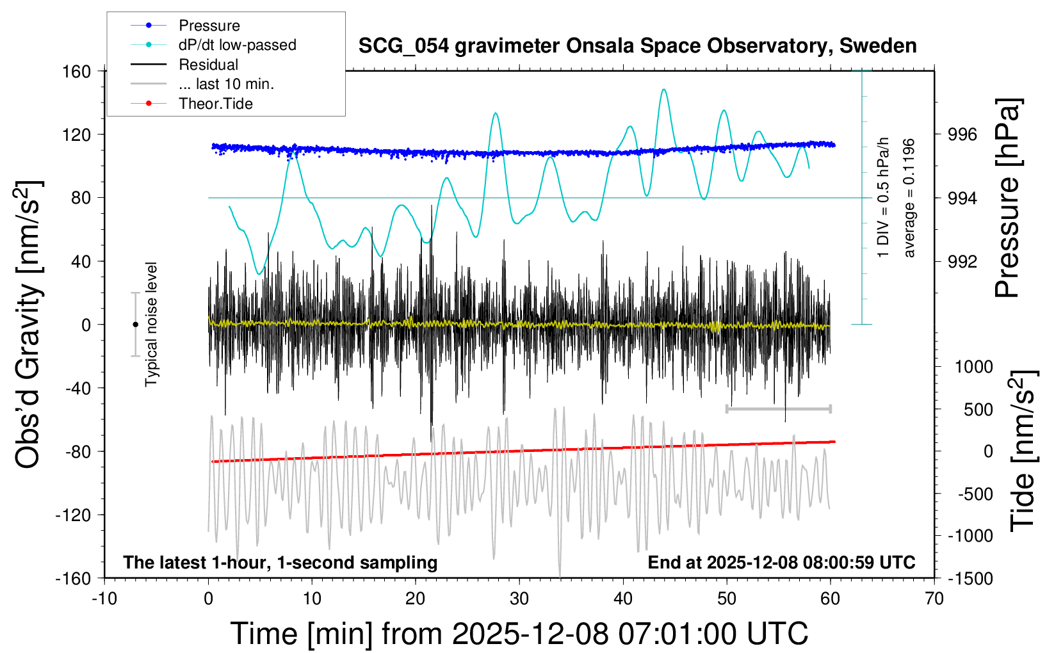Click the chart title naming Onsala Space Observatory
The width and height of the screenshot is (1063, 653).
click(x=637, y=46)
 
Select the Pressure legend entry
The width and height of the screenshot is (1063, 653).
click(x=209, y=26)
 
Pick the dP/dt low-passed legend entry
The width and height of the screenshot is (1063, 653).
click(x=237, y=45)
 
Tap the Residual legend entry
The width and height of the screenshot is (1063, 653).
click(x=208, y=65)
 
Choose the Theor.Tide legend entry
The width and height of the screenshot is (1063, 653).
click(x=215, y=104)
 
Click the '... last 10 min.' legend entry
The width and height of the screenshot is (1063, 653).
click(x=226, y=84)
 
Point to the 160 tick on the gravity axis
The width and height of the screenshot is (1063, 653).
click(x=77, y=71)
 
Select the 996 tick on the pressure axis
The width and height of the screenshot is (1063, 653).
click(x=962, y=134)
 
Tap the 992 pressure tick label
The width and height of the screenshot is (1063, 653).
click(x=962, y=261)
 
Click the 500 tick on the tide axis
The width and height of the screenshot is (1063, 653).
click(x=978, y=409)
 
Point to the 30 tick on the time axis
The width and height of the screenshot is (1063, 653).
click(x=519, y=599)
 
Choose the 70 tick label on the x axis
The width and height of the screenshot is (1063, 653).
click(x=934, y=599)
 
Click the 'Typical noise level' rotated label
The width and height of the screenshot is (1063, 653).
click(x=151, y=324)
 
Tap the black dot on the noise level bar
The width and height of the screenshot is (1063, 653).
click(x=135, y=325)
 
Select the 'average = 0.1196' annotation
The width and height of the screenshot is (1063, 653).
click(x=909, y=198)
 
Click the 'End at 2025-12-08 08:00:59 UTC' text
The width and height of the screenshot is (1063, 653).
click(x=781, y=562)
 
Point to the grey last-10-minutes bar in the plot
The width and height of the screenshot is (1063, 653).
click(x=778, y=408)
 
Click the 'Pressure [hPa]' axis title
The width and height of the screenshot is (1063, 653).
click(x=1007, y=198)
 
